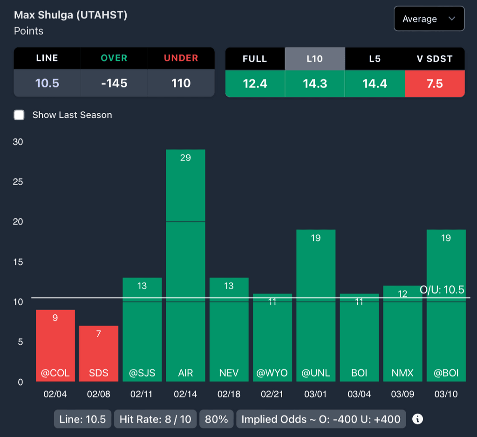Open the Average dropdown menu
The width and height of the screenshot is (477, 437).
(429, 19)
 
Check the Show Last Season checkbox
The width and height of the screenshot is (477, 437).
(19, 115)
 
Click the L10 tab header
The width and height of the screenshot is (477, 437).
(314, 59)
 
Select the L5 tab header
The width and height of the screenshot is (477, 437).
(375, 59)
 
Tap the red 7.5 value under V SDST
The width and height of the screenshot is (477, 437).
(435, 83)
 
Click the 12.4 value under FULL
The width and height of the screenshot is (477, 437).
(255, 83)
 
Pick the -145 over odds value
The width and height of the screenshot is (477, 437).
(114, 83)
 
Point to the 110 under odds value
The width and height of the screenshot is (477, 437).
(181, 83)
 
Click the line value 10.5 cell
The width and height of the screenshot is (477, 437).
(47, 83)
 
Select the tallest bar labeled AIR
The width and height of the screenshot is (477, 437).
(185, 265)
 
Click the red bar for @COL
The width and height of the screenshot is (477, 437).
(55, 346)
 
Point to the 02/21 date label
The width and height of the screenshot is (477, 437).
(272, 394)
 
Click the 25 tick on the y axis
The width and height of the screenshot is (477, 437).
(18, 182)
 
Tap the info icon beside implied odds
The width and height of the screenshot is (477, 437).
(418, 419)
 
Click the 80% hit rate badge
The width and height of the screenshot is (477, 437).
(217, 419)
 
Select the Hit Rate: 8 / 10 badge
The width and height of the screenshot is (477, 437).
(155, 419)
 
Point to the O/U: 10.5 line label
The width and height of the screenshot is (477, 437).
(442, 290)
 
